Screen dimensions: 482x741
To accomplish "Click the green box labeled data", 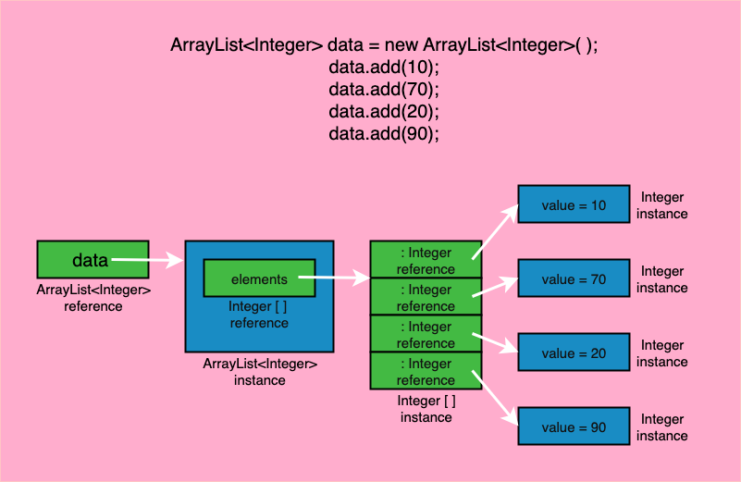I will (93, 260).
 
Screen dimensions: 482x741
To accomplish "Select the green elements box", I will (259, 278).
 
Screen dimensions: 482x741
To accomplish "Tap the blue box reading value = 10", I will (574, 205).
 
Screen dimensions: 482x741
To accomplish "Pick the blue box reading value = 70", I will (574, 278).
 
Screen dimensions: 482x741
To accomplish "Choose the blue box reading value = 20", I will (574, 352).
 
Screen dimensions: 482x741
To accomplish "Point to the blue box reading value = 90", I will (574, 426).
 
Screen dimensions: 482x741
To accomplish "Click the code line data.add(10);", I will (383, 68).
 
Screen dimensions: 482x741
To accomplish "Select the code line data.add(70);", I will (383, 90).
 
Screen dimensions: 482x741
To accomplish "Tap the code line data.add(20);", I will (383, 112).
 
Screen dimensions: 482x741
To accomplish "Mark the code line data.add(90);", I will (383, 134).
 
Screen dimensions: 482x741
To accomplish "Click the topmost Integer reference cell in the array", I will (426, 260).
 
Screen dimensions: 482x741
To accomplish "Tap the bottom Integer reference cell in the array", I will (426, 371).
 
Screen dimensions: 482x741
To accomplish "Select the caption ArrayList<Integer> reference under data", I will (93, 298).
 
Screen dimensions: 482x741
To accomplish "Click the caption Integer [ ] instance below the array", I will (426, 409).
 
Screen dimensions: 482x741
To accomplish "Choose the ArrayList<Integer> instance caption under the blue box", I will (260, 372).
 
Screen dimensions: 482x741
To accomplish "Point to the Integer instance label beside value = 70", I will (662, 279).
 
